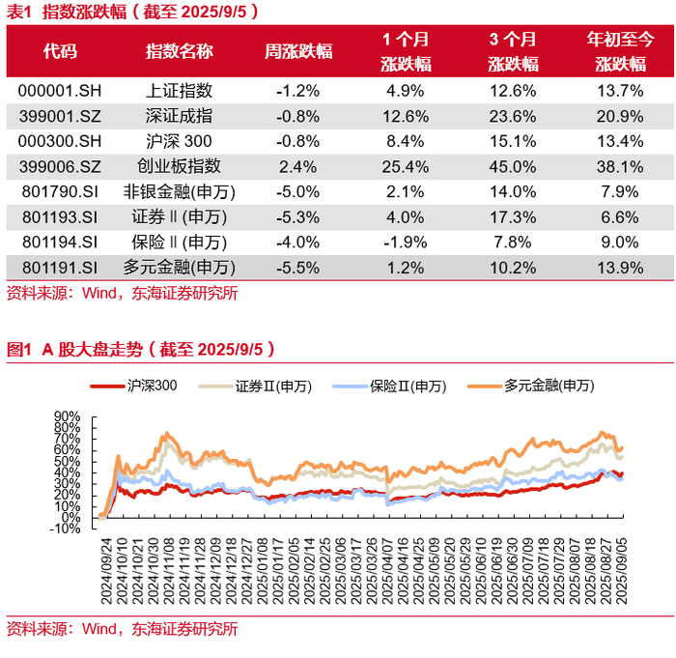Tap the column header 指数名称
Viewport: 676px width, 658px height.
point(179,51)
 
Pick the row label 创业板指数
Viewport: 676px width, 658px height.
point(179,166)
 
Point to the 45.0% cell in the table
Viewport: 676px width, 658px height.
point(512,166)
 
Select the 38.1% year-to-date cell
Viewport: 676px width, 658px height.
point(621,166)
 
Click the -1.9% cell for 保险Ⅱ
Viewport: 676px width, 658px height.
point(406,242)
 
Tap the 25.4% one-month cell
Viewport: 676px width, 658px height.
point(406,166)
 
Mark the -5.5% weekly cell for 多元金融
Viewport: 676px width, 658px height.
point(297,267)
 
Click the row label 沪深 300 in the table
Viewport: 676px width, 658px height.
point(179,141)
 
